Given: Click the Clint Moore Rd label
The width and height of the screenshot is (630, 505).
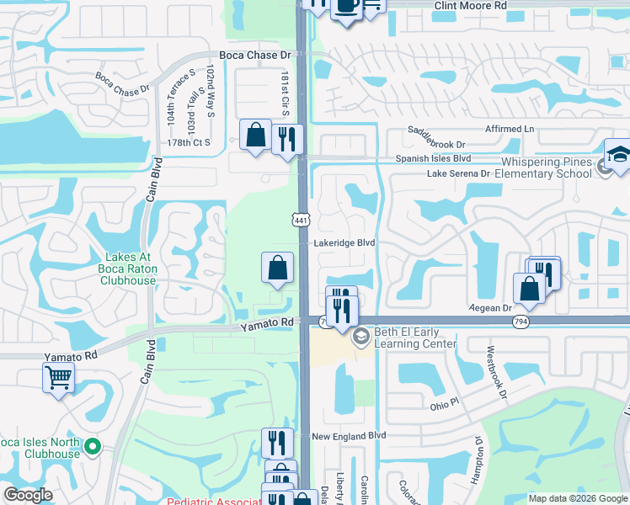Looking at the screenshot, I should [471, 5].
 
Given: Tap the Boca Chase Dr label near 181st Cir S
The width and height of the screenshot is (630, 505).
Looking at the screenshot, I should [254, 56].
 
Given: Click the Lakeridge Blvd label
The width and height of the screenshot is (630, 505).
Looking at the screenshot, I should [344, 242].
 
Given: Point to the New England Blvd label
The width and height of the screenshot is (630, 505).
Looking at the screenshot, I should [348, 436].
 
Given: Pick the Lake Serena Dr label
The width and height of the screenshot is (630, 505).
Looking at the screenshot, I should [458, 173].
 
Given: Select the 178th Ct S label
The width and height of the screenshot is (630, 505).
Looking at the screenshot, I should [189, 143].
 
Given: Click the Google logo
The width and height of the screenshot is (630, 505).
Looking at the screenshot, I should [28, 495].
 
